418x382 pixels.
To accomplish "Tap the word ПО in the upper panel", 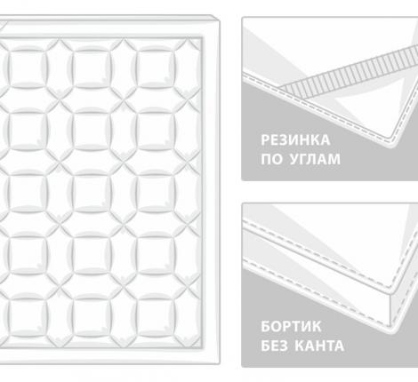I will click(x=271, y=161).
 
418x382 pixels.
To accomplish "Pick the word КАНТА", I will click(x=322, y=346).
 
